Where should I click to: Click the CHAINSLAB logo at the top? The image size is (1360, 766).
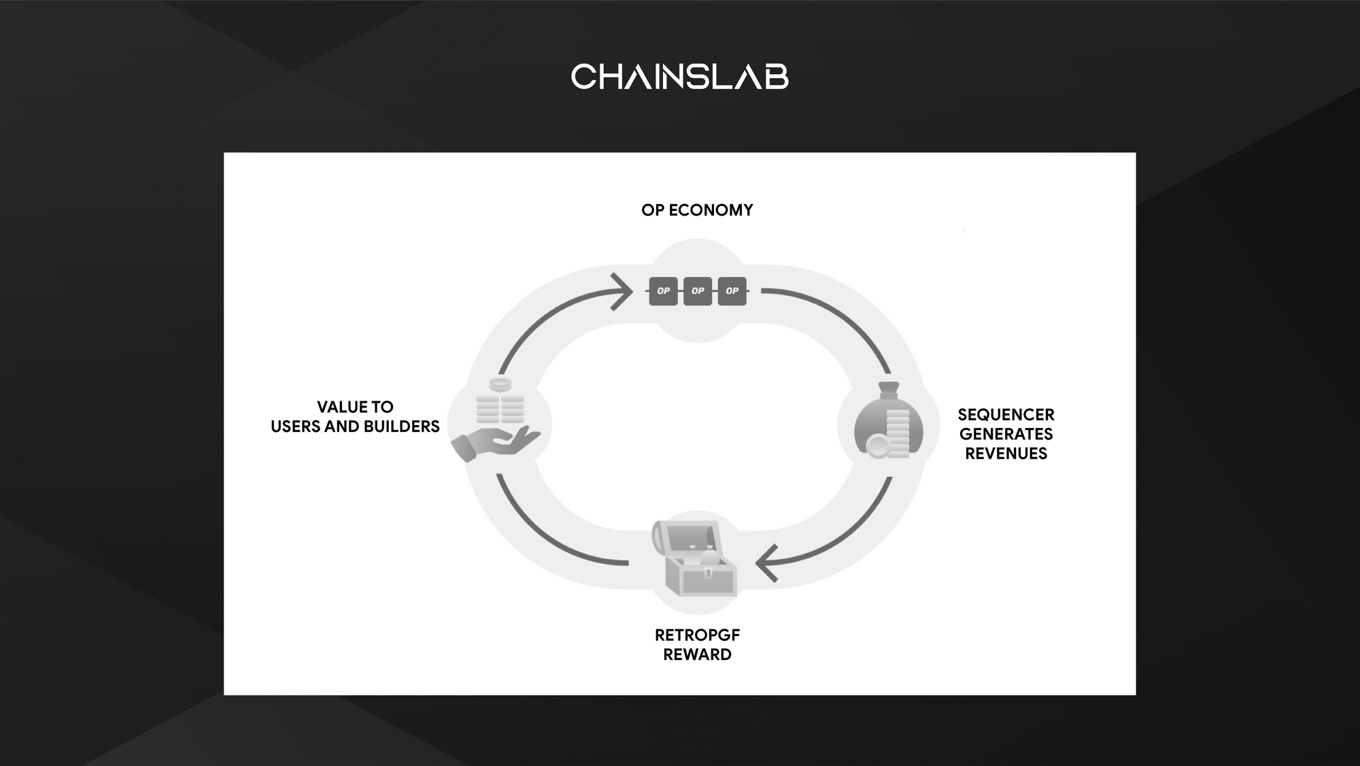680,77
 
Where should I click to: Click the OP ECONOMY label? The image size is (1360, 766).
697,210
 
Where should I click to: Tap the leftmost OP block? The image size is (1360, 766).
663,291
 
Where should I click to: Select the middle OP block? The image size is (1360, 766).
698,291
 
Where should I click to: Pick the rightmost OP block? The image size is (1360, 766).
732,291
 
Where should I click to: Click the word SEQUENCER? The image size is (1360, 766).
1006,415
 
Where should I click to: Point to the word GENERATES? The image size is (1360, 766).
1006,434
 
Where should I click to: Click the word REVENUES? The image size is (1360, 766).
1006,454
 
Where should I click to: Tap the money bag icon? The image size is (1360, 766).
888,420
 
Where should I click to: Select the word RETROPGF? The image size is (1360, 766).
697,635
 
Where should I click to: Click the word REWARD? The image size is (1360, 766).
697,654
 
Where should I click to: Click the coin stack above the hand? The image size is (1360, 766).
500,401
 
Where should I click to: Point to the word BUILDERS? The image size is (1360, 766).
402,427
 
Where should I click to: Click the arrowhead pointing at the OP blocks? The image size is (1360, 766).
622,292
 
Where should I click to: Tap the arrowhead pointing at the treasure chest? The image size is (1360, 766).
766,563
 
